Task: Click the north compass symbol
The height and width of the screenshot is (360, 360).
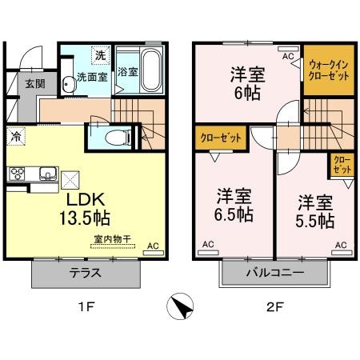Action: coord(180,306)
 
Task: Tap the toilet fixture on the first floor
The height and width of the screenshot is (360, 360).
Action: coord(118,138)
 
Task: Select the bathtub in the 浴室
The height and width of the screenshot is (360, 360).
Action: coord(151,70)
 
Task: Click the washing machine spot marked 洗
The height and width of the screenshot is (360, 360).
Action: coord(101,55)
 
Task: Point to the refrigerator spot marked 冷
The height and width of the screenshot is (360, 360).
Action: coord(16,136)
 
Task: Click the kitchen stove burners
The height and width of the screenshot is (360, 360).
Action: coord(17,174)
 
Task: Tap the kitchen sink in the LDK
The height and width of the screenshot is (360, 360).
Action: coord(48,174)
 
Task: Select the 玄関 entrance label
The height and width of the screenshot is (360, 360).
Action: coord(35,84)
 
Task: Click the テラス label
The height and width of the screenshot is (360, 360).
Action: coord(86,273)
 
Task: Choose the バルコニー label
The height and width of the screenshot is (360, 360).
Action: coord(275,273)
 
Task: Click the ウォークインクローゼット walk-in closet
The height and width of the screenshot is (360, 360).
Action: coord(329,70)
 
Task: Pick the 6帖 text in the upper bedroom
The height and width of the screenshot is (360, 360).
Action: coord(247,93)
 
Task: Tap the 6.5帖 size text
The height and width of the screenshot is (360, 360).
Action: coord(234,214)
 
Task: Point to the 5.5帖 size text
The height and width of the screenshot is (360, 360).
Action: coord(315,221)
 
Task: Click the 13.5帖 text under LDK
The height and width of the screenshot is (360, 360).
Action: coord(85,218)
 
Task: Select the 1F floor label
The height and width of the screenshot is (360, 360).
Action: coord(86,307)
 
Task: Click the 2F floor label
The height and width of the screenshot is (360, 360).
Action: coord(274,307)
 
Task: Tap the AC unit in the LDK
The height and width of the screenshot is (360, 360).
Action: coord(154,253)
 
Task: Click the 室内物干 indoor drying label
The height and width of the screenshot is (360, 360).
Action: coord(113,239)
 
